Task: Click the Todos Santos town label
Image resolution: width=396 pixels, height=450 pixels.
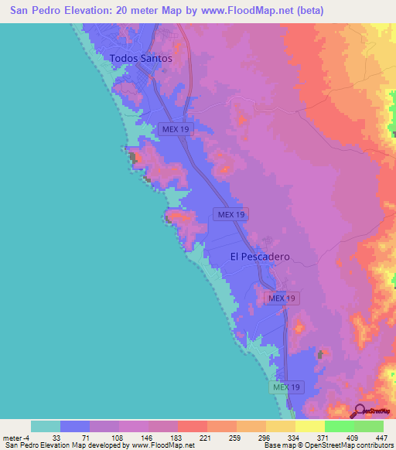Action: coord(140,58)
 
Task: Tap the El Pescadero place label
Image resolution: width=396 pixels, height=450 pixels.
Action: coord(259,257)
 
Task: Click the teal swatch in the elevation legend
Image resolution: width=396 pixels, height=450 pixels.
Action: coord(46,426)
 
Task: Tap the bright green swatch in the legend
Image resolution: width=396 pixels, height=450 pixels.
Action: coord(340,426)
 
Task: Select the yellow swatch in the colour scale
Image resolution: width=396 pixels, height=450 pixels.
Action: coord(310,426)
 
